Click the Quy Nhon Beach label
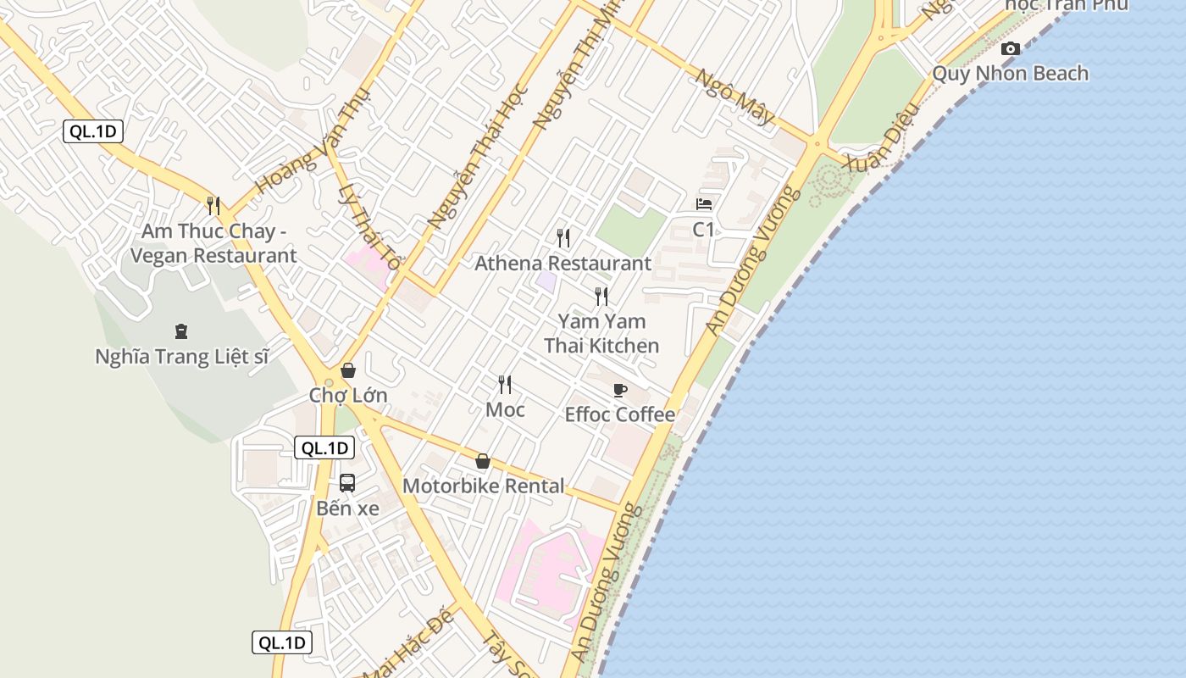tap(1010, 74)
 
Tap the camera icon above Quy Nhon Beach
tap(1010, 49)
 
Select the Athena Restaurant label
tap(563, 264)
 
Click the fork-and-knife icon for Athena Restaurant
tap(563, 238)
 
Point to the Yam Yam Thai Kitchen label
tap(601, 333)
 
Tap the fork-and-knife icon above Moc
tap(505, 385)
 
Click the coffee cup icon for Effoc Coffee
tap(620, 391)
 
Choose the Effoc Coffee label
tap(620, 414)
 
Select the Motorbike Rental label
tap(483, 486)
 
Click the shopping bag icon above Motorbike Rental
tap(483, 461)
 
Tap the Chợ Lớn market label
tap(347, 396)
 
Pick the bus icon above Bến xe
tap(347, 483)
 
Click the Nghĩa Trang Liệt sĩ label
tap(181, 357)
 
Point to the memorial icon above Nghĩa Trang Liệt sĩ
tap(180, 331)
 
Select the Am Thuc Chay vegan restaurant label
tap(219, 243)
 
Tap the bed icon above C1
tap(704, 204)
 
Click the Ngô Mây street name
tap(734, 96)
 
